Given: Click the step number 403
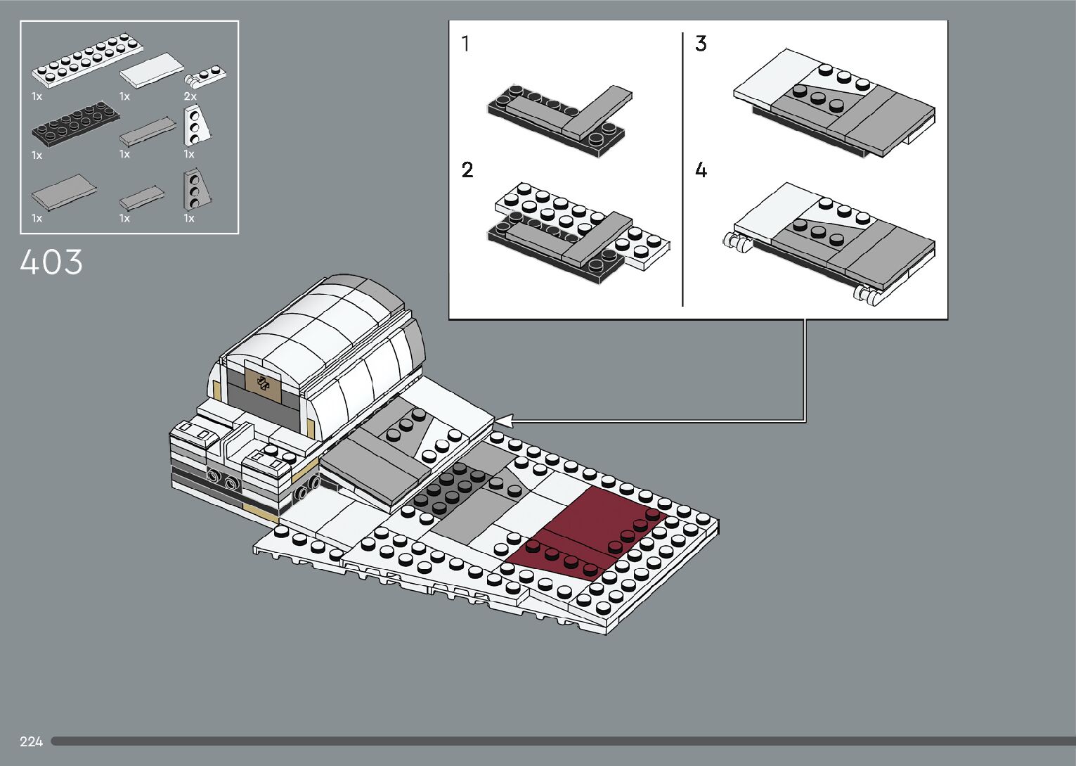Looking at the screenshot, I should pos(51,262).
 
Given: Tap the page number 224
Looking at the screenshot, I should pos(32,741).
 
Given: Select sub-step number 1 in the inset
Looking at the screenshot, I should pos(465,44).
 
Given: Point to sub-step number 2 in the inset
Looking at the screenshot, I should pos(467,170).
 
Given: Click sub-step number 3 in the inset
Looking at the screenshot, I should pos(701,44).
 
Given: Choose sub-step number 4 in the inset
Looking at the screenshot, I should pos(701,170).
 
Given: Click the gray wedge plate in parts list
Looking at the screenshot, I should pos(193,189).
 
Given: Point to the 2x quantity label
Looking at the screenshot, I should pos(190,96).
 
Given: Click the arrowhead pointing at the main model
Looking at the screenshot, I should pos(503,421).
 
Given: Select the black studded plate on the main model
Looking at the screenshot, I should pos(450,489).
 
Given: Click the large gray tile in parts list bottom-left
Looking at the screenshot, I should pos(63,191).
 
